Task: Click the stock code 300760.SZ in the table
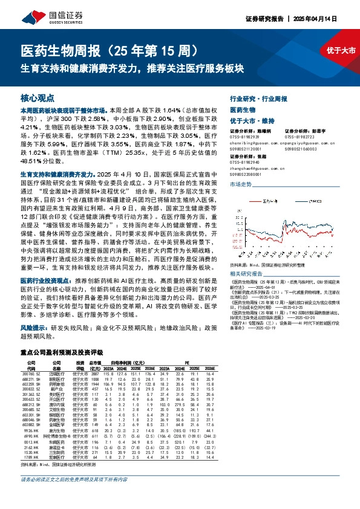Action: point(30,375)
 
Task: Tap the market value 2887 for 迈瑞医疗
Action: point(94,375)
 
